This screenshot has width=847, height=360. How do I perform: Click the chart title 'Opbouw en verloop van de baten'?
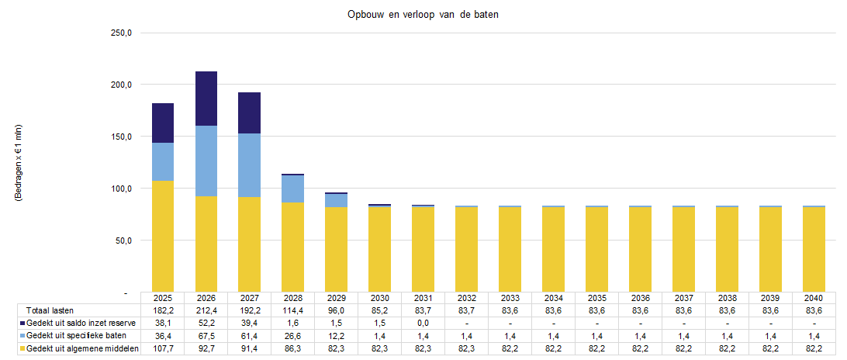pos(423,16)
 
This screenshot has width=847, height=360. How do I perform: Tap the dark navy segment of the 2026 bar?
pos(206,99)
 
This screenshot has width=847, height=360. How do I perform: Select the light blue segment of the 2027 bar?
pos(250,165)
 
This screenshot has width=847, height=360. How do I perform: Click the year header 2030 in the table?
pos(379,298)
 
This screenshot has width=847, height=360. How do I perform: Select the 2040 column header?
pos(814,298)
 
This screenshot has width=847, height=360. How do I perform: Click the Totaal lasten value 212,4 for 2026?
pos(206,310)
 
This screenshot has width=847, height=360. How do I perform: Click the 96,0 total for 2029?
pos(337,310)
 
